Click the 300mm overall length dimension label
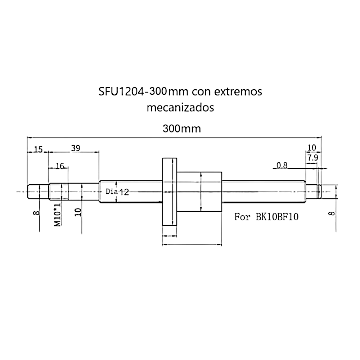tap(181, 129)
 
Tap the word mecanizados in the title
tap(180, 107)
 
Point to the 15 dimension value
tap(38, 149)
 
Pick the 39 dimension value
tap(76, 148)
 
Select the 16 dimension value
tap(60, 166)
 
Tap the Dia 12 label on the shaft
tap(117, 192)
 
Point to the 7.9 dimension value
tap(312, 158)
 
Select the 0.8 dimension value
tap(282, 166)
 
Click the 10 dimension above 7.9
tap(312, 148)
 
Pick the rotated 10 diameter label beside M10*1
tap(78, 211)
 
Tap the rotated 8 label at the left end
tap(36, 213)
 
